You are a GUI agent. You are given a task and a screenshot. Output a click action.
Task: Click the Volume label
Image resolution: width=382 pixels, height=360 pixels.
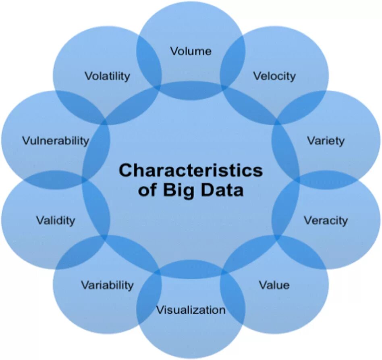tap(191, 51)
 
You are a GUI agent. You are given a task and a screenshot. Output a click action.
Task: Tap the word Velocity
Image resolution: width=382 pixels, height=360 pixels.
tap(274, 76)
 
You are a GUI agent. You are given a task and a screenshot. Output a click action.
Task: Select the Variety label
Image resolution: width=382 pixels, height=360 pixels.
tap(326, 140)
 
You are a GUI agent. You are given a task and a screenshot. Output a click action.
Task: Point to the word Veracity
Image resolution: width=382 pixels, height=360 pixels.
tap(326, 221)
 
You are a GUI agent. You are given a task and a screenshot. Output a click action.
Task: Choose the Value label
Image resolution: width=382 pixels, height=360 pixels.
tap(274, 285)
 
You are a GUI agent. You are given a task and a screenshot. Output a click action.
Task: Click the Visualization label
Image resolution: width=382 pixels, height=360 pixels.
tap(191, 310)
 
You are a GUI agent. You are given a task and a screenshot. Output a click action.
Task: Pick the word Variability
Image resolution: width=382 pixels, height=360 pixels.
tap(107, 285)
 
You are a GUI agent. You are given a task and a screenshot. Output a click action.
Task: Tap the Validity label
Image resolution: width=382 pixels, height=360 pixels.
tap(56, 221)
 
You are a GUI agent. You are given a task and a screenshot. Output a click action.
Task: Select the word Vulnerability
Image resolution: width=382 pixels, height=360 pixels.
tap(56, 141)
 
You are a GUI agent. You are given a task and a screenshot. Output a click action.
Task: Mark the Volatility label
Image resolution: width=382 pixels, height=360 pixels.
tap(107, 76)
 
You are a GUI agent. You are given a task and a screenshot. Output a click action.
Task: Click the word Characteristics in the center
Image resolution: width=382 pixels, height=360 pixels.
tap(191, 170)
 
